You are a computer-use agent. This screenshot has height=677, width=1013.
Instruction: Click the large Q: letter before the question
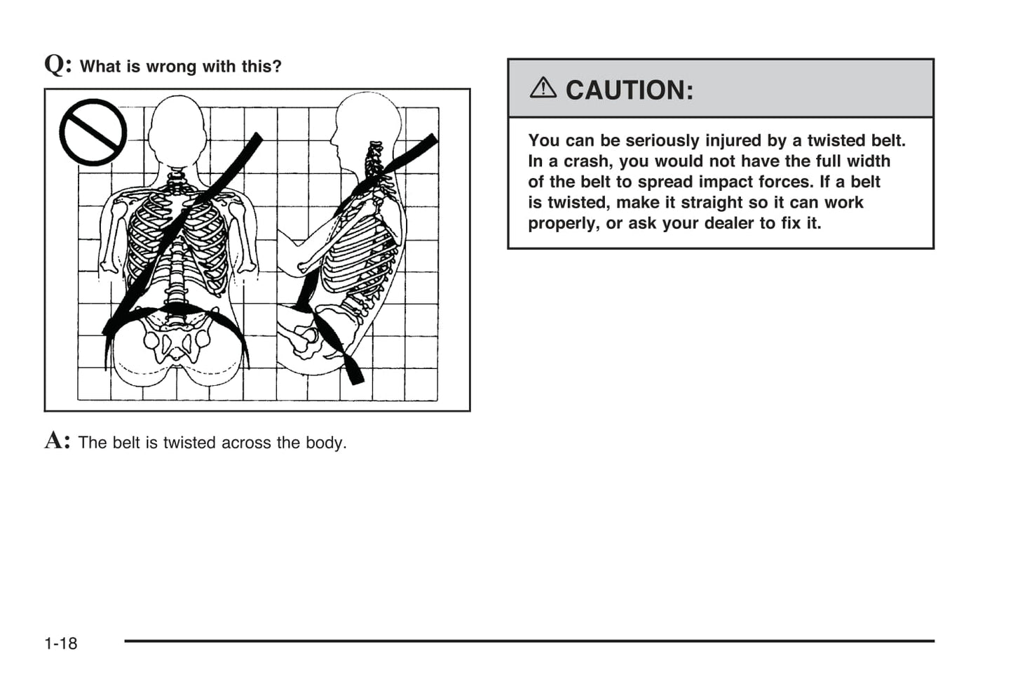click(57, 65)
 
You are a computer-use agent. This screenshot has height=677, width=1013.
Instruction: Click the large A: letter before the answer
click(57, 441)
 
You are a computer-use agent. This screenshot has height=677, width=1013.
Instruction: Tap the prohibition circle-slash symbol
click(93, 132)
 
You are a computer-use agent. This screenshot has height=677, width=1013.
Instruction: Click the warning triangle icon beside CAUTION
click(543, 88)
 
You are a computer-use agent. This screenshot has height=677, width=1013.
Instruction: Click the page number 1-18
click(61, 643)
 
